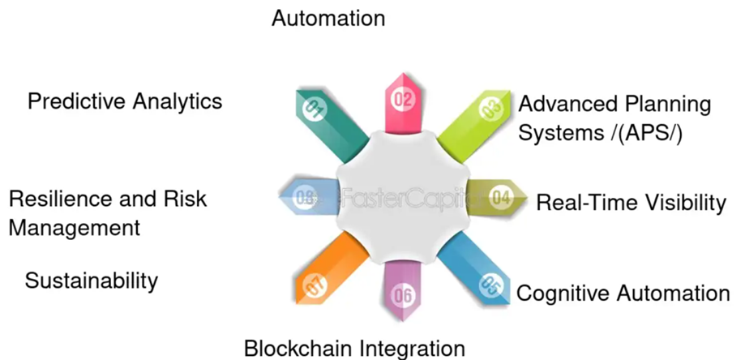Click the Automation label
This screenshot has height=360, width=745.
[x=328, y=17]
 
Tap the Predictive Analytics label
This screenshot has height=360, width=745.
[x=125, y=101]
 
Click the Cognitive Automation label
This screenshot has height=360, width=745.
[x=623, y=293]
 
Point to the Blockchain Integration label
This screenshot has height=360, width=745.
[x=354, y=348]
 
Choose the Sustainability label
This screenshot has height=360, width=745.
[x=91, y=281]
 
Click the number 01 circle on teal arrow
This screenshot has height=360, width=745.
[x=315, y=107]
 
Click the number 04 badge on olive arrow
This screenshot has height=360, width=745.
[x=500, y=197]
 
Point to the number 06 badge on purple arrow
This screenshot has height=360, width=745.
[x=402, y=295]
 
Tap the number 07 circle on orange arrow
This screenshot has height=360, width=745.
[x=314, y=285]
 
